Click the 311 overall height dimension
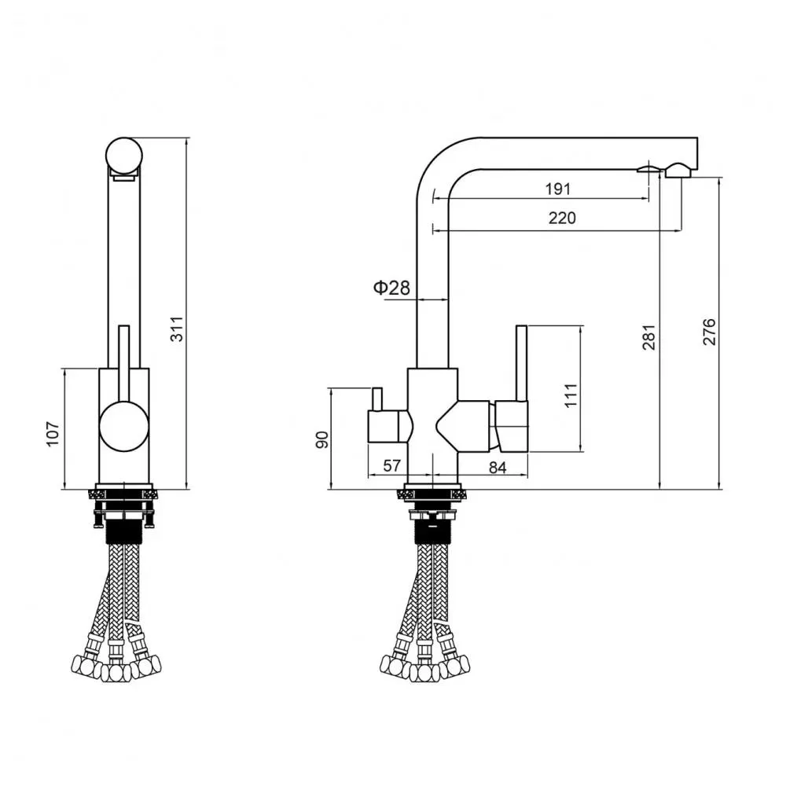coord(178,328)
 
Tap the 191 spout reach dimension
coord(557,189)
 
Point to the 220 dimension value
coord(561,218)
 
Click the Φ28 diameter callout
coord(391,288)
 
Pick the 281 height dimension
coord(649,336)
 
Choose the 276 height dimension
coord(709,333)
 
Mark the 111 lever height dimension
coord(571,393)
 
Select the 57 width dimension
coord(392,466)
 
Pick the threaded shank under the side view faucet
coord(432,530)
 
